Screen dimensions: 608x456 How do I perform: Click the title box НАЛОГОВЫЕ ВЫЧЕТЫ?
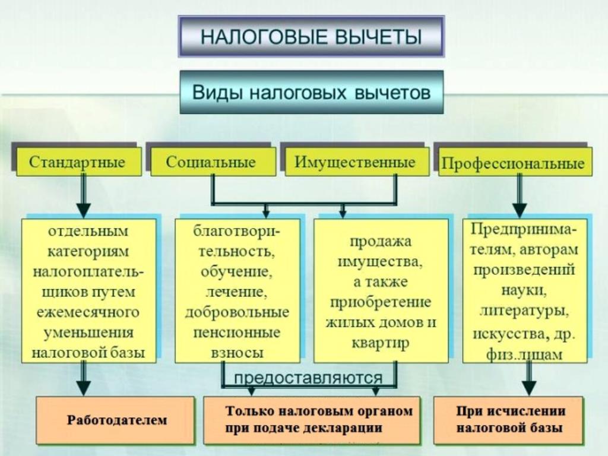311,37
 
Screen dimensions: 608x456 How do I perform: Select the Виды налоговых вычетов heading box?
311,92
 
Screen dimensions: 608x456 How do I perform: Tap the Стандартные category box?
79,161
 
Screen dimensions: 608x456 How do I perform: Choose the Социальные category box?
213,161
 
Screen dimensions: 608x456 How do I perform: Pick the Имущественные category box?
357,161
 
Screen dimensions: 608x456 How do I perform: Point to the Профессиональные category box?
515,163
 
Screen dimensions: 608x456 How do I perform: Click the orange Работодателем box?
116,420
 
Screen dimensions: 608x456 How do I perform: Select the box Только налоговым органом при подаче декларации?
311,420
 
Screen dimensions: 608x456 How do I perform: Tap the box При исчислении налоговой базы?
508,420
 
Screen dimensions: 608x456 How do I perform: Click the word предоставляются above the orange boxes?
309,377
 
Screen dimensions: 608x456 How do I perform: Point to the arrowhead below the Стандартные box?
83,211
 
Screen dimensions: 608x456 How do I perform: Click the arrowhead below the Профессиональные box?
520,211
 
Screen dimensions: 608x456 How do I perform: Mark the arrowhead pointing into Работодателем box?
83,388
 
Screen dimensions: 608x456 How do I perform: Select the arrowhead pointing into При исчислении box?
529,388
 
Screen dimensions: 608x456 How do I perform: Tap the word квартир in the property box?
380,343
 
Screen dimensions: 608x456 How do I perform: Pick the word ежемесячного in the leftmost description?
88,312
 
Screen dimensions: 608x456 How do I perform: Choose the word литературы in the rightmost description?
524,311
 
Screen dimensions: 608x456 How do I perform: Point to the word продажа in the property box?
380,242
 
